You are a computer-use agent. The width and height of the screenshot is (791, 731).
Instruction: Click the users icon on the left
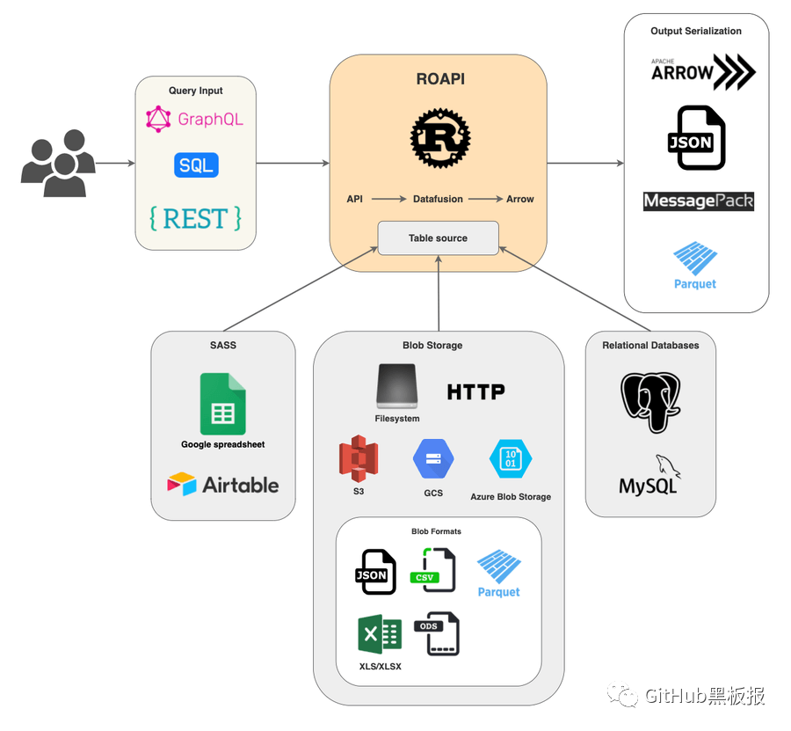pyautogui.click(x=58, y=163)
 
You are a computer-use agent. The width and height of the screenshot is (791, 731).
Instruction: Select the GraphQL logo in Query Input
pyautogui.click(x=194, y=119)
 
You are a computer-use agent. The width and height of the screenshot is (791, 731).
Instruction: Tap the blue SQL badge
pyautogui.click(x=196, y=165)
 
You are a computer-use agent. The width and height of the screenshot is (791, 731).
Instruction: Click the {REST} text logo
pyautogui.click(x=195, y=217)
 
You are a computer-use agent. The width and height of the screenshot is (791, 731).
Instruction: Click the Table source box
pyautogui.click(x=438, y=238)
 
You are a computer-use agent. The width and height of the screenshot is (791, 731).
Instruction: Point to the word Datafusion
pyautogui.click(x=438, y=199)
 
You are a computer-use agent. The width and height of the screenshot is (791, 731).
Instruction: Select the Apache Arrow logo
pyautogui.click(x=702, y=72)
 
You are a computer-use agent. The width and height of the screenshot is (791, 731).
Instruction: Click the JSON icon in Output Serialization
pyautogui.click(x=696, y=138)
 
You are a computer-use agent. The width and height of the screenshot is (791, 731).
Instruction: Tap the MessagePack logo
pyautogui.click(x=699, y=201)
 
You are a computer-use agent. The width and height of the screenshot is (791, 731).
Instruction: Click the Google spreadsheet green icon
pyautogui.click(x=222, y=404)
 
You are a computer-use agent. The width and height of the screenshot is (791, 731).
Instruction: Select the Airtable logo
pyautogui.click(x=223, y=485)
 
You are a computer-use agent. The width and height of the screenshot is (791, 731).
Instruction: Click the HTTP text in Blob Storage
pyautogui.click(x=475, y=391)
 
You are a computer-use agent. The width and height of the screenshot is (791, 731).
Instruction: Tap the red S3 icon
pyautogui.click(x=359, y=458)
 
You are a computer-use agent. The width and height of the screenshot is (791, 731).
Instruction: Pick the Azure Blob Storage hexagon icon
pyautogui.click(x=511, y=458)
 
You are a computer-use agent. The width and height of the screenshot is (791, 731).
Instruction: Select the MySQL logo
pyautogui.click(x=650, y=476)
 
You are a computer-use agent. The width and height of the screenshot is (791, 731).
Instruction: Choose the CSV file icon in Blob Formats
pyautogui.click(x=432, y=570)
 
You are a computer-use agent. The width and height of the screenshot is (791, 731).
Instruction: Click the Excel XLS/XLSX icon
pyautogui.click(x=380, y=634)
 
